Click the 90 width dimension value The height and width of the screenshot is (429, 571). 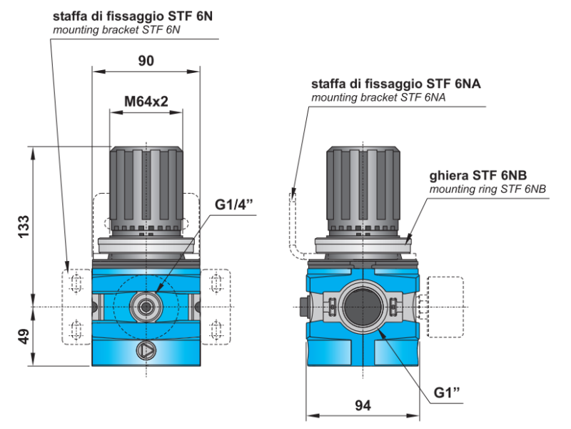pos(146,61)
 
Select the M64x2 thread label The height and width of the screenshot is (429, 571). pos(146,102)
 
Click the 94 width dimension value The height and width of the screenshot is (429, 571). pos(363,405)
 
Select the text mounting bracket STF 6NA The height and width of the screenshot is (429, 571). pos(378,97)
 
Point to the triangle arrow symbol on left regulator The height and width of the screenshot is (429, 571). pos(146,350)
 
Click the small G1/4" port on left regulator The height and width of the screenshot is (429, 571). pos(146,307)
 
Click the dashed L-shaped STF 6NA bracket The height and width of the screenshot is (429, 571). pos(293,222)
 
